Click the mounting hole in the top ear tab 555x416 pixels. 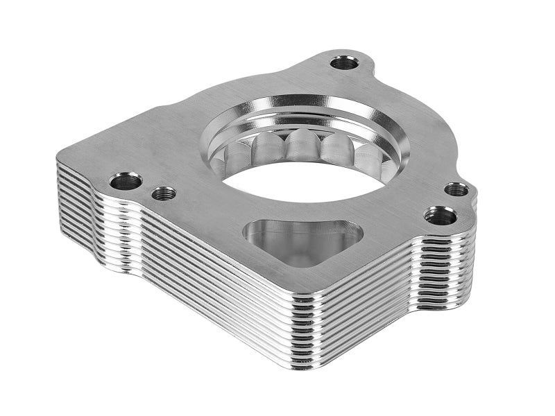pos(344,63)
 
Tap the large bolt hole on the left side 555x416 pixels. pos(126,182)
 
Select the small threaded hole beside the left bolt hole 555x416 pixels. pos(164,193)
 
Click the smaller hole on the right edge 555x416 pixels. pos(456,189)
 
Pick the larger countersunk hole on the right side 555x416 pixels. pos(441,216)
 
